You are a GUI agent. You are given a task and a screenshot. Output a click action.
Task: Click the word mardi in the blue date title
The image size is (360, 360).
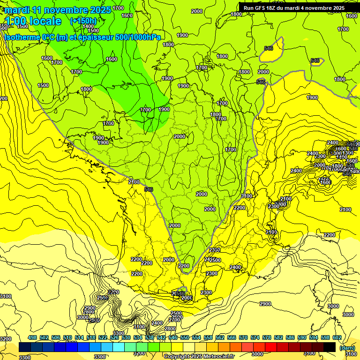pyautogui.click(x=16, y=9)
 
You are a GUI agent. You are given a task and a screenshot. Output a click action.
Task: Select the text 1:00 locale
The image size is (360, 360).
pyautogui.click(x=33, y=21)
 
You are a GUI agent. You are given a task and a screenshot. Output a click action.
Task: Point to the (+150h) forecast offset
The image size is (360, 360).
pyautogui.click(x=83, y=21)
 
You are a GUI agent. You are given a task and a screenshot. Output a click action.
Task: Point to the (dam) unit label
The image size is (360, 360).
pyautogui.click(x=347, y=348)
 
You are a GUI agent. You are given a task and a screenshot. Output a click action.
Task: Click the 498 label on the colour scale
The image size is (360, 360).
pyautogui.click(x=32, y=338)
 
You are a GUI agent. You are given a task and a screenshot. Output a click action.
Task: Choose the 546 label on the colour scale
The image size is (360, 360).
pyautogui.click(x=173, y=338)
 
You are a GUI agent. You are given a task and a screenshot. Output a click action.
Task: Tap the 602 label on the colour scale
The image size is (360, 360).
pyautogui.click(x=337, y=338)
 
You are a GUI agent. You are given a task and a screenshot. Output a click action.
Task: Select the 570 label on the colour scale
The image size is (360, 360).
pyautogui.click(x=243, y=338)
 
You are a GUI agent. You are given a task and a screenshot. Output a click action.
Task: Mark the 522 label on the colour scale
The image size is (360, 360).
pyautogui.click(x=103, y=338)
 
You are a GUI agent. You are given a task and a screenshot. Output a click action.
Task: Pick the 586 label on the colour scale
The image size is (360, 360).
pyautogui.click(x=290, y=338)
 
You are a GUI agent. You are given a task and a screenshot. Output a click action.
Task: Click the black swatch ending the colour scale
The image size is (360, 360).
pyautogui.click(x=330, y=347)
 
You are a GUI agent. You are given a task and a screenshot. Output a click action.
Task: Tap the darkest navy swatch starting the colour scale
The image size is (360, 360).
pyautogui.click(x=25, y=347)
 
